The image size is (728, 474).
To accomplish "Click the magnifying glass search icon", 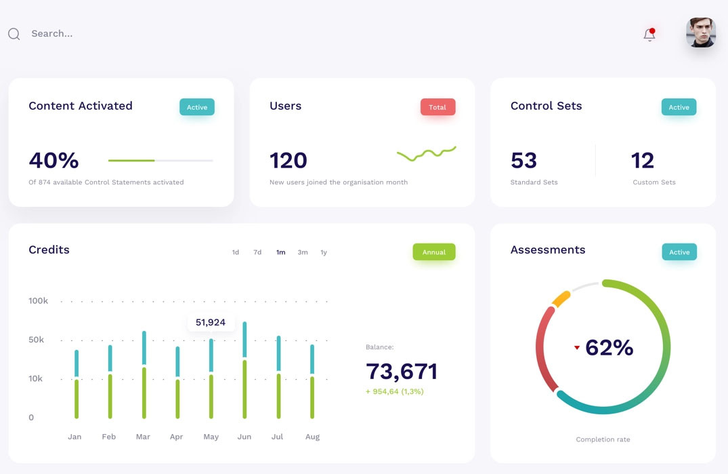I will pyautogui.click(x=14, y=34).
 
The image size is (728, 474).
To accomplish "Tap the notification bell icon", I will pyautogui.click(x=649, y=35).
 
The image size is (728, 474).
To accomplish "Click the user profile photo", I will pyautogui.click(x=700, y=33).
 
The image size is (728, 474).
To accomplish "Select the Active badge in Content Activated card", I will pyautogui.click(x=196, y=107).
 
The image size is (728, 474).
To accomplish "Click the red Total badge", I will pyautogui.click(x=437, y=107).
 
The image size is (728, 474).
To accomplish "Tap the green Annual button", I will pyautogui.click(x=433, y=252).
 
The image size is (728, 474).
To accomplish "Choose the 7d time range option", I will pyautogui.click(x=257, y=252).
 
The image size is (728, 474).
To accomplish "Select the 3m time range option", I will pyautogui.click(x=303, y=252).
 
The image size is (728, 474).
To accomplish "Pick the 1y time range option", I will pyautogui.click(x=324, y=252).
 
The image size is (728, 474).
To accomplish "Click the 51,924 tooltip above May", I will pyautogui.click(x=211, y=323).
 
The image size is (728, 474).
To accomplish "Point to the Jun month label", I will pyautogui.click(x=244, y=437).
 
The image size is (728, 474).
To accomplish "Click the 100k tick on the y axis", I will pyautogui.click(x=38, y=301).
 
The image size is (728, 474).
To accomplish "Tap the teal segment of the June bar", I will pyautogui.click(x=244, y=339).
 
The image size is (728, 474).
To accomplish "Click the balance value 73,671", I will pyautogui.click(x=402, y=372).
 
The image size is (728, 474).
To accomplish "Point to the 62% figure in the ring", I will pyautogui.click(x=609, y=348).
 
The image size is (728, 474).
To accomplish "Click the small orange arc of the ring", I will pyautogui.click(x=561, y=299).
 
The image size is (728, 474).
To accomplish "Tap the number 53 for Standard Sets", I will pyautogui.click(x=523, y=161).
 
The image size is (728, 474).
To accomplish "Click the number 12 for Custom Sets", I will pyautogui.click(x=642, y=161).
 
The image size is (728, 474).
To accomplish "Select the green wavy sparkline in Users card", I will pyautogui.click(x=426, y=154).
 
